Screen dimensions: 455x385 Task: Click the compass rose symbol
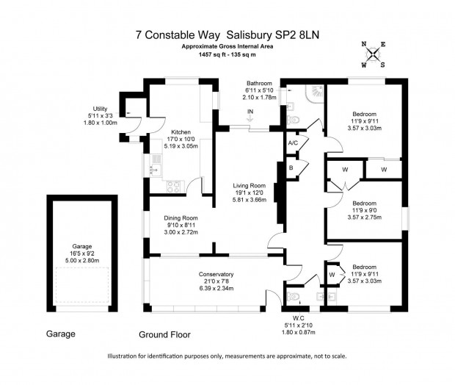[x=373, y=54]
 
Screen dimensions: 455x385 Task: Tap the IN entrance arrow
[x=250, y=119]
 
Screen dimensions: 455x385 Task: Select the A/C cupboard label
[x=293, y=143]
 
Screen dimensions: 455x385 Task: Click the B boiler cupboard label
[x=291, y=168]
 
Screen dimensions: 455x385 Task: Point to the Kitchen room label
[x=181, y=132]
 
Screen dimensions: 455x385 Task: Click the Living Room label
[x=250, y=185]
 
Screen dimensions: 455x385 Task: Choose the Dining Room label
[x=181, y=218]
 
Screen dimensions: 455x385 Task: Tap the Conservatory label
[x=216, y=274]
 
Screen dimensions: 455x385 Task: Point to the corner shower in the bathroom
[x=315, y=93]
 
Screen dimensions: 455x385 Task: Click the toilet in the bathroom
[x=294, y=120]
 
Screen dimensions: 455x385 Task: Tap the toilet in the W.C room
[x=293, y=297]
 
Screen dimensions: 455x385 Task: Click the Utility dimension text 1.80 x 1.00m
[x=100, y=123]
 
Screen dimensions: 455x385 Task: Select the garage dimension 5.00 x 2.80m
[x=82, y=260]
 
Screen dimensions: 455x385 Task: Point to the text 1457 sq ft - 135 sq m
[x=227, y=54]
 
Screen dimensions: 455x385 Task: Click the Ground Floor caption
[x=164, y=335]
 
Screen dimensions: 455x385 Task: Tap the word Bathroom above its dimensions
[x=259, y=83]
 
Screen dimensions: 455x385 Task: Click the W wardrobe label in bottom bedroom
[x=332, y=275]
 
